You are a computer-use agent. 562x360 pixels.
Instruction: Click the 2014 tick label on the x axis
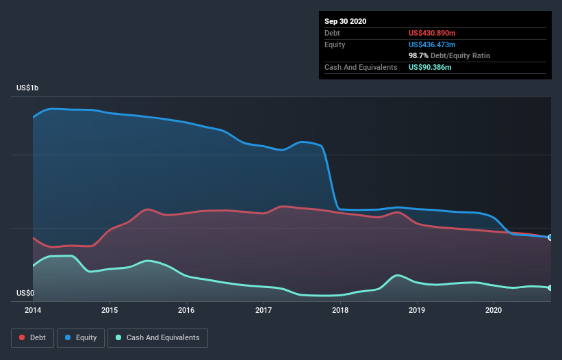tap(33, 310)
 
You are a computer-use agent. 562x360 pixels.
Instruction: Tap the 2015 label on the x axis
tap(110, 310)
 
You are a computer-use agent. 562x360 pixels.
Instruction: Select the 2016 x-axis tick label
tap(186, 310)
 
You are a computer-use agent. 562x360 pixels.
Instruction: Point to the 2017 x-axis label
tap(264, 310)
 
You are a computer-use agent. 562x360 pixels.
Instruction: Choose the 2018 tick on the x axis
tap(340, 310)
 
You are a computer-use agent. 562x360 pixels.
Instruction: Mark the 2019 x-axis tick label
tap(417, 310)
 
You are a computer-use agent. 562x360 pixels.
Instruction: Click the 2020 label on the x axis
tap(494, 310)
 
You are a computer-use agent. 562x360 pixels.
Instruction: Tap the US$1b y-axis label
tap(28, 88)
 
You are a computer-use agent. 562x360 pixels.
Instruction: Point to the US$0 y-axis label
tap(25, 294)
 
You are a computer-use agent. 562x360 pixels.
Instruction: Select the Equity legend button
tap(81, 337)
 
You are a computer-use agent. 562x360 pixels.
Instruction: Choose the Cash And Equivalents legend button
tap(157, 337)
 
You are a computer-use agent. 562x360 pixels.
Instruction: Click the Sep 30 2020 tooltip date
tap(346, 21)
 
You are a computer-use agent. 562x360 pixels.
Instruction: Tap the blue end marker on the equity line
tap(550, 237)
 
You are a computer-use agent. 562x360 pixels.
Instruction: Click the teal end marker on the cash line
tap(550, 287)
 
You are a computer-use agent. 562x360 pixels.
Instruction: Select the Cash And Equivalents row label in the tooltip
tap(361, 67)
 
